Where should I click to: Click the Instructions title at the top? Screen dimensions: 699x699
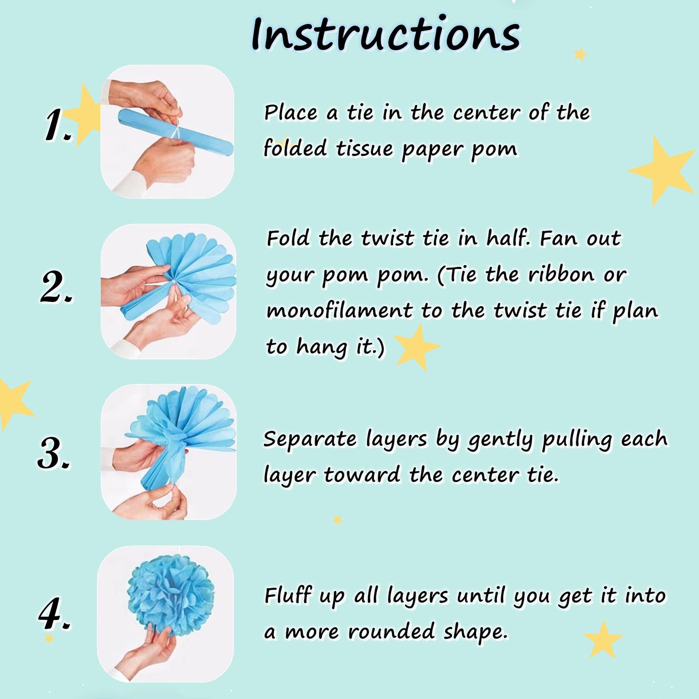[x=386, y=34]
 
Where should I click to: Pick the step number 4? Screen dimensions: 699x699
[x=55, y=612]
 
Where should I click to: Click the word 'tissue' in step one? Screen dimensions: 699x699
[x=364, y=149]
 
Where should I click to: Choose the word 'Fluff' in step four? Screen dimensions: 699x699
[x=288, y=595]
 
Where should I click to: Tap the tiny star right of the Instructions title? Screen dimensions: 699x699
[x=580, y=54]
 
